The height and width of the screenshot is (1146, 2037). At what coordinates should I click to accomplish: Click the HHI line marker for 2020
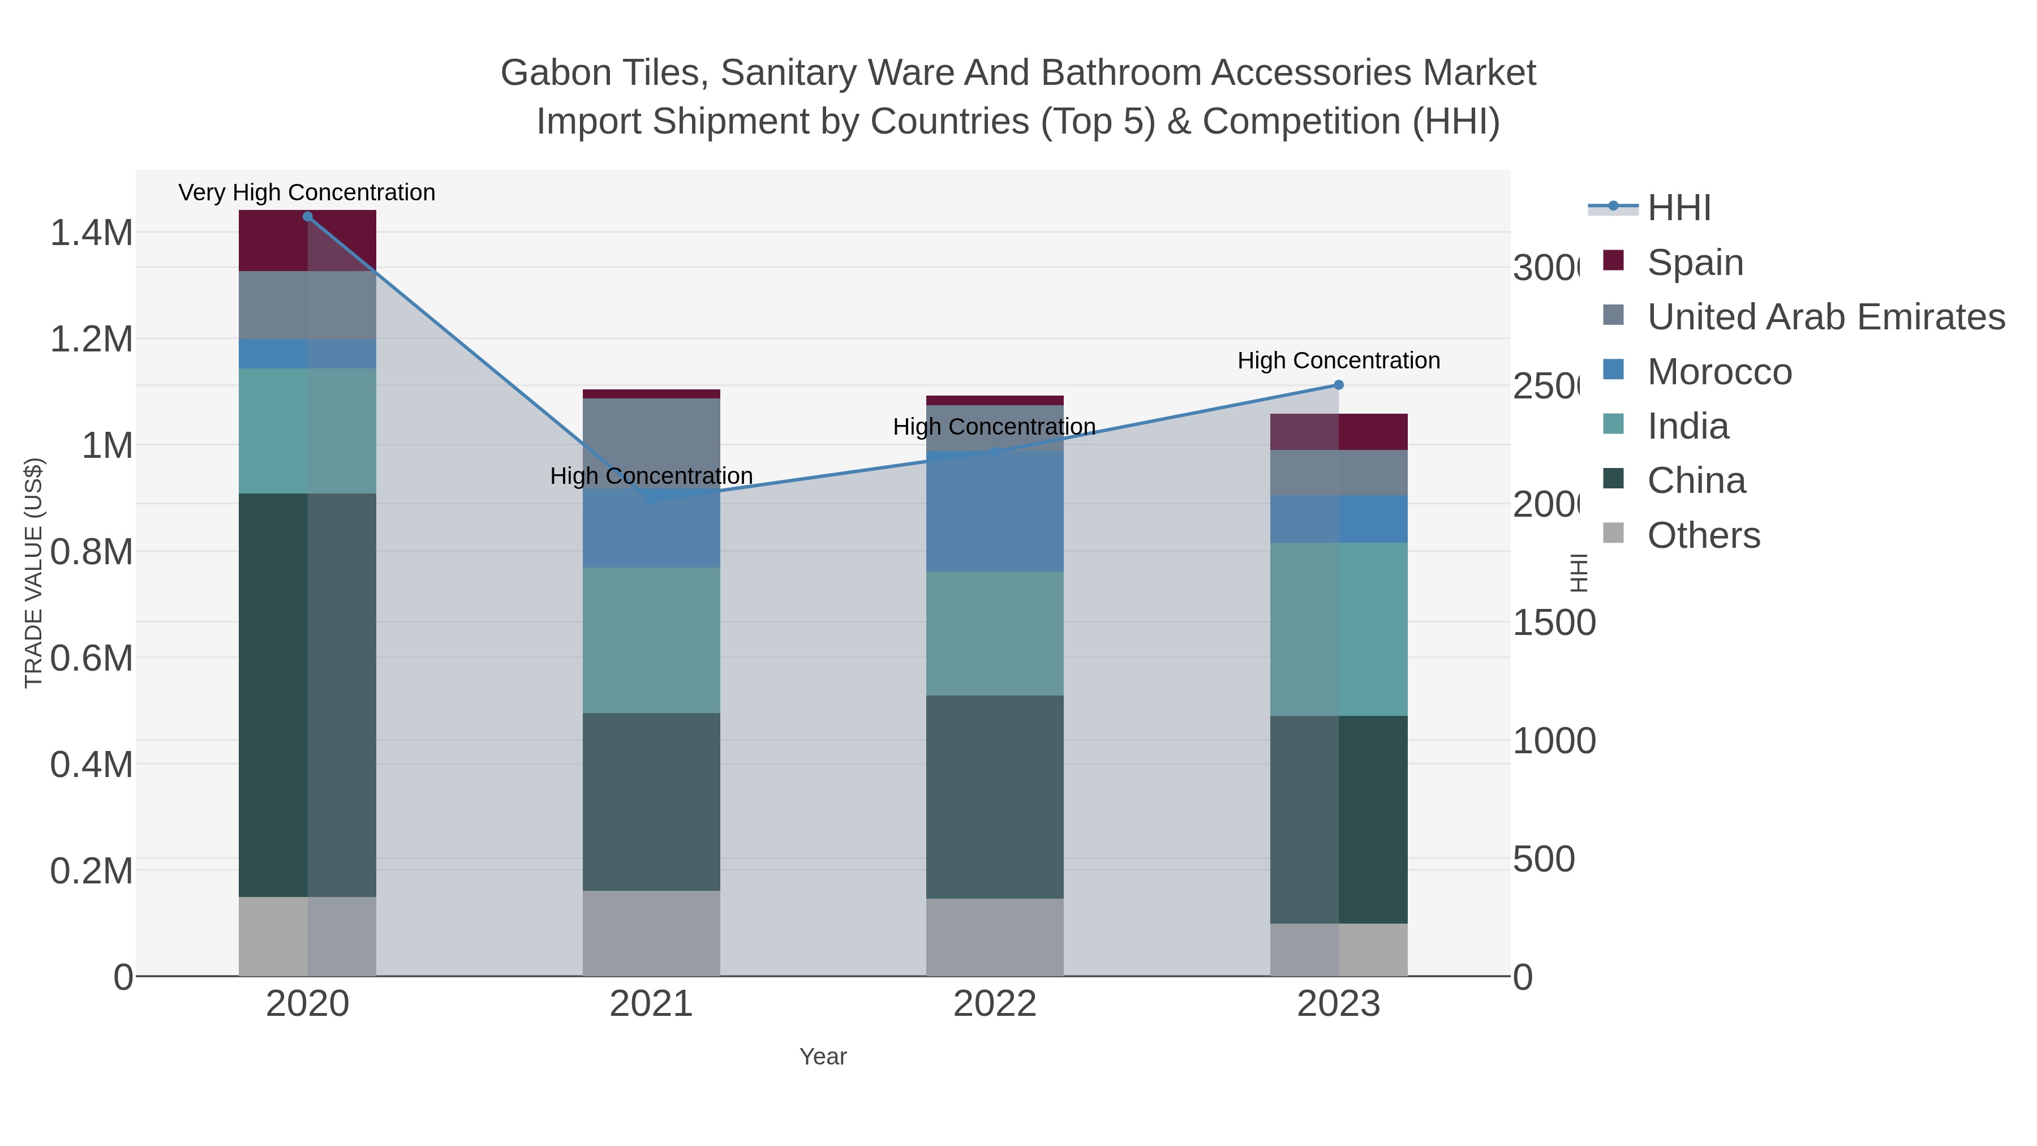pos(308,217)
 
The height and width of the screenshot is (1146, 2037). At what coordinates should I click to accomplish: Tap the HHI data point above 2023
pos(1338,385)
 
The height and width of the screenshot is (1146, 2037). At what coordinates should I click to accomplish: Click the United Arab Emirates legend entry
pos(1825,317)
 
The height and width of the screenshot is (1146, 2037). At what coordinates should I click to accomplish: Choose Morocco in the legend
pos(1718,372)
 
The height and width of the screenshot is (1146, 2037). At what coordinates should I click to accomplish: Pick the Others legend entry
pos(1703,535)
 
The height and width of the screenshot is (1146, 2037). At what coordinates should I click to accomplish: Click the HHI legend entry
pos(1678,208)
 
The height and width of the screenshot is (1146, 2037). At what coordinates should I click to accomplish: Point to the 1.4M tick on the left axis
pos(91,233)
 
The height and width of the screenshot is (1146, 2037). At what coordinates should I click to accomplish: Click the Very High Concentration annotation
pos(307,193)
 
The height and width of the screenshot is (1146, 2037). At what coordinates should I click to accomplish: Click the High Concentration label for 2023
pos(1338,360)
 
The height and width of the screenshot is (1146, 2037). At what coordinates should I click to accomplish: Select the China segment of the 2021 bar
pos(651,801)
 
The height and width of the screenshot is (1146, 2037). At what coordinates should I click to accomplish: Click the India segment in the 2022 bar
pos(994,633)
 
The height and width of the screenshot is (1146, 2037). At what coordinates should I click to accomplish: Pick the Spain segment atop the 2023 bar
pos(1338,432)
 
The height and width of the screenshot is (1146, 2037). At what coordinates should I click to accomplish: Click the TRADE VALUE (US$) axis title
pos(33,573)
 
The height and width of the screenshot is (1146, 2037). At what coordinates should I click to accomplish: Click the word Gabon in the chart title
pos(544,73)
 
